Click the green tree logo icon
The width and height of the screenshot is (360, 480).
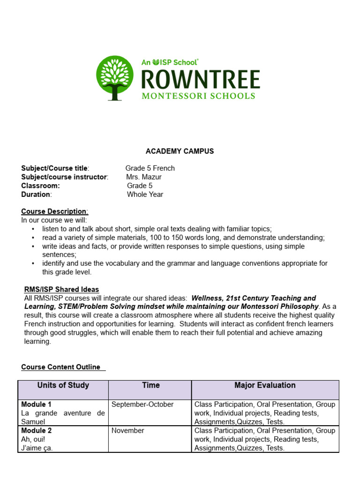coord(114,78)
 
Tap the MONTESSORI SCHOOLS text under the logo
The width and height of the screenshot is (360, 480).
coord(199,96)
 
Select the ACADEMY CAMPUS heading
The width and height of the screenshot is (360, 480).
coord(180,151)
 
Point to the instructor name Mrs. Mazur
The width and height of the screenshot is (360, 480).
coord(144,177)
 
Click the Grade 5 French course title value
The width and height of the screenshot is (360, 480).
coord(150,168)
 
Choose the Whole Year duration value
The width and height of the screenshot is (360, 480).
coord(145,195)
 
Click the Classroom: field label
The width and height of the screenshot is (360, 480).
coord(40,186)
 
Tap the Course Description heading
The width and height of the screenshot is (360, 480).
coord(54,211)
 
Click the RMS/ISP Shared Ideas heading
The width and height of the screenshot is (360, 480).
coord(61,289)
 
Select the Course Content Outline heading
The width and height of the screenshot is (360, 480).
coord(61,367)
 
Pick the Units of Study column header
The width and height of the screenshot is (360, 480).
coord(63,385)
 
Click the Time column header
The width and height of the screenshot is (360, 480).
coord(150,385)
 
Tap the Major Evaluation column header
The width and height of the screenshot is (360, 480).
coord(265,385)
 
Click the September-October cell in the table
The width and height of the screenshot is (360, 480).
coord(142,404)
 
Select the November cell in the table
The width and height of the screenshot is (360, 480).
coord(127,430)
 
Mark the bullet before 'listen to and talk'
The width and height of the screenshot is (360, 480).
coord(33,229)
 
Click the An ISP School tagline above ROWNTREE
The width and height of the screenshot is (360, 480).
coord(170,62)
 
